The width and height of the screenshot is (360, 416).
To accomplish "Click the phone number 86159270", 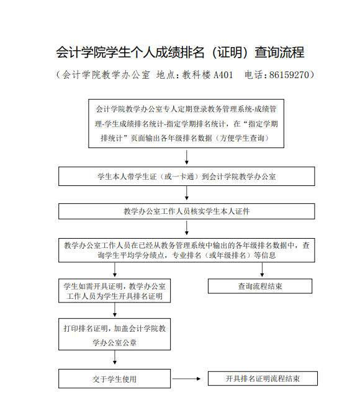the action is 289,75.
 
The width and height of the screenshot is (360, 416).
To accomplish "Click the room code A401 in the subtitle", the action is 223,75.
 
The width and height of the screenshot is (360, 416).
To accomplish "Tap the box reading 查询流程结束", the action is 260,286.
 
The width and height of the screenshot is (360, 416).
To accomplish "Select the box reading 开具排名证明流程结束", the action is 263,378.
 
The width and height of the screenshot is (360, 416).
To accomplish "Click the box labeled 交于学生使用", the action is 114,379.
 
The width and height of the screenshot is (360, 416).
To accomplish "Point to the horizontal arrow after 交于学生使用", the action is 186,379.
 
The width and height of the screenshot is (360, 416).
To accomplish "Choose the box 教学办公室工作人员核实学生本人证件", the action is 186,211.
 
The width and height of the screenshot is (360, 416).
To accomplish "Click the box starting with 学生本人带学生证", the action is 186,176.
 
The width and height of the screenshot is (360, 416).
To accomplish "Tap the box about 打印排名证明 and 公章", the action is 114,334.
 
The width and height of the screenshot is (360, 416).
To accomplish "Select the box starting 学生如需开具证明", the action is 114,291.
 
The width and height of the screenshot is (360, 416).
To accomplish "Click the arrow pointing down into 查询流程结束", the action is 262,270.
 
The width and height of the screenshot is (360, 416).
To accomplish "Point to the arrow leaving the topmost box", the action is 187,157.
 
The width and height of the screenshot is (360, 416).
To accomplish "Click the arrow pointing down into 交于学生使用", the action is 115,357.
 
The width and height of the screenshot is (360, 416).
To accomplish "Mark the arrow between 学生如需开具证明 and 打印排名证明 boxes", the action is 115,309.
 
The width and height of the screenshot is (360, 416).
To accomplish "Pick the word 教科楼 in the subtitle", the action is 196,75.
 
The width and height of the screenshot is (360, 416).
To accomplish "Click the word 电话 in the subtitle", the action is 254,75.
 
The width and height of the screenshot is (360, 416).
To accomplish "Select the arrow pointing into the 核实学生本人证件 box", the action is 187,193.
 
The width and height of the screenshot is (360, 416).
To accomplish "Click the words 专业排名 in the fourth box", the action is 186,255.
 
